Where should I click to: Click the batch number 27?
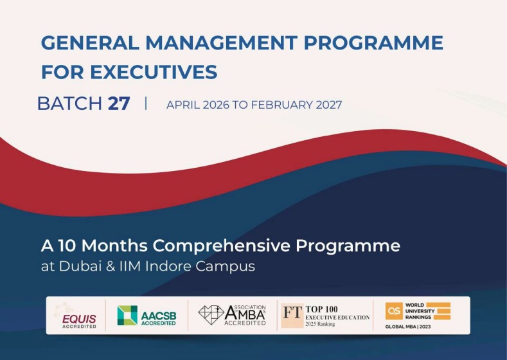coord(119,104)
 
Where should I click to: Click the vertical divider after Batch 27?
coord(146,104)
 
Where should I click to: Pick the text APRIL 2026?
coord(197,105)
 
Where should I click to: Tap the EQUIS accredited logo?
coord(76,315)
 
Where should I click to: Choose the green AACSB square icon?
coord(127,315)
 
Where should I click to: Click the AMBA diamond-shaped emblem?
coord(211,314)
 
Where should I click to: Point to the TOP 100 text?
coord(321,309)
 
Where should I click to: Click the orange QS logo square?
coord(393,311)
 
